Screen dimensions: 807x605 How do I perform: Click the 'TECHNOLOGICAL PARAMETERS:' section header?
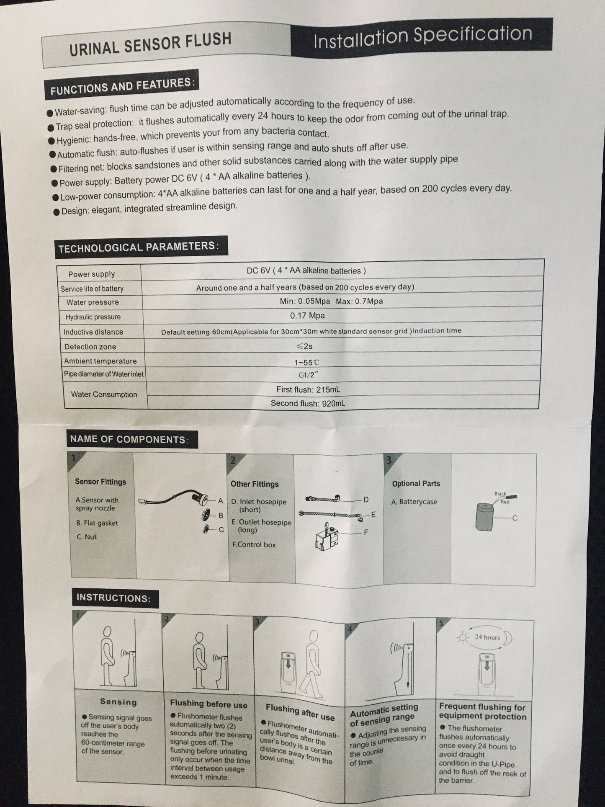coord(139,247)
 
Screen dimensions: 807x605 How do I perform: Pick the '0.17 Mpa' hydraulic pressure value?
coord(307,315)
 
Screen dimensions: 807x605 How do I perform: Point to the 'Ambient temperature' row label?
coord(100,361)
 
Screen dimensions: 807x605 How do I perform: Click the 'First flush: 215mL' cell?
coord(308,389)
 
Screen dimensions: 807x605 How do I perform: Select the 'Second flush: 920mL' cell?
coord(308,403)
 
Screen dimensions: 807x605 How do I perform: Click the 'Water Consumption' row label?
coord(104,394)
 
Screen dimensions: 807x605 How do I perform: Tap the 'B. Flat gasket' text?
coord(97,523)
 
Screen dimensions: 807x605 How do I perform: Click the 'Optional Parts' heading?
coord(416,483)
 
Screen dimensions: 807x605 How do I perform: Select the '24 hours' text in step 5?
coord(487,637)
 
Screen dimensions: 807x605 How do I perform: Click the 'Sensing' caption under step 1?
coord(118,701)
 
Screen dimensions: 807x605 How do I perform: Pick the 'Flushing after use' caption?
coord(300,712)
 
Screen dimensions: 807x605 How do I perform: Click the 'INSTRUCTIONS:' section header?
coord(113,598)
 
